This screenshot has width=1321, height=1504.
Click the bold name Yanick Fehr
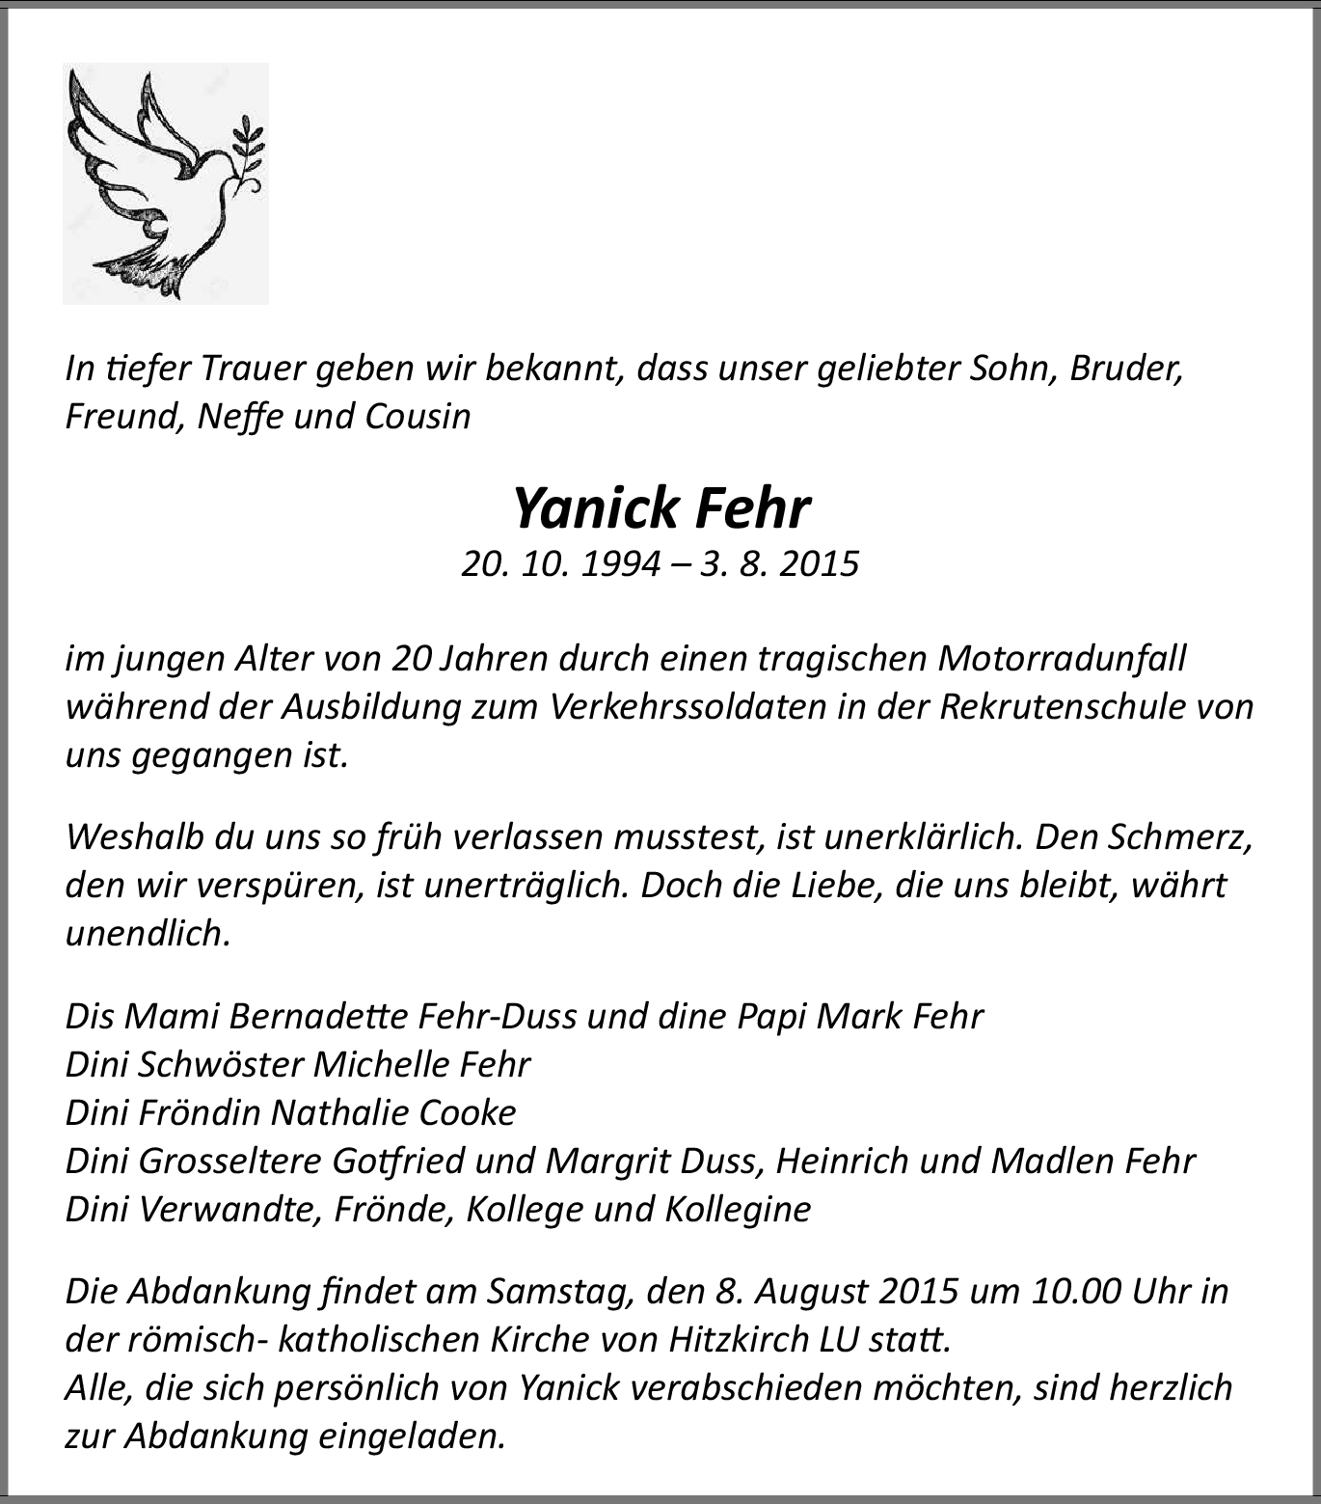pos(661,508)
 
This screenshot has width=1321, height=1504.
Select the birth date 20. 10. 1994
pos(561,563)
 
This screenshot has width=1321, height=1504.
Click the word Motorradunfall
pos(1062,659)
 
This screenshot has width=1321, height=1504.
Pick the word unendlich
pos(148,933)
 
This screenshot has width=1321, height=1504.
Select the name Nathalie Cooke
pos(393,1112)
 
